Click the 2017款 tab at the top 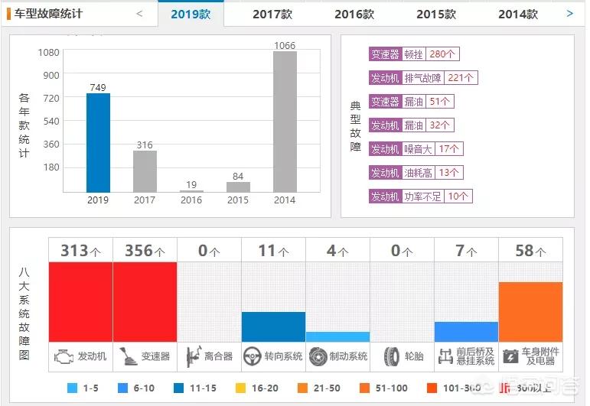[x=272, y=14]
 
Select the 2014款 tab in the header [x=518, y=14]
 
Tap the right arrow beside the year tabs [x=569, y=13]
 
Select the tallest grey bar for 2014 [x=285, y=122]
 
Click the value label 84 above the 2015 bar [x=238, y=177]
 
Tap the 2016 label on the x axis [x=191, y=200]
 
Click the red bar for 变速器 [x=145, y=301]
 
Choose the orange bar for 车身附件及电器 [x=530, y=311]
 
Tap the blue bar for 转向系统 [x=273, y=326]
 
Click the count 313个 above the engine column [x=80, y=250]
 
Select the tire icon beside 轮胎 [x=392, y=356]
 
